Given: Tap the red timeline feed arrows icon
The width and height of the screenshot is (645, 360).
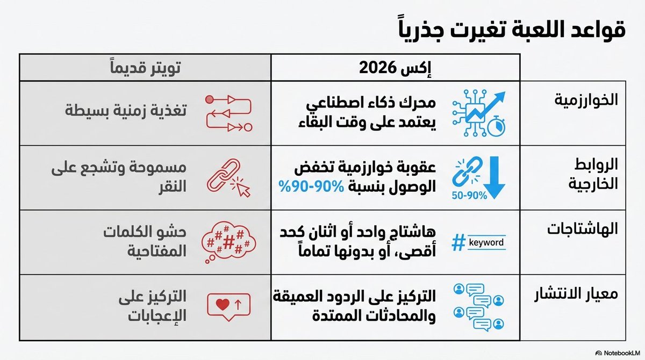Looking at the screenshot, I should coord(229,113).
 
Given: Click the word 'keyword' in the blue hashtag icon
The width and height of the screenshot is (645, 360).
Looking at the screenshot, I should coord(486,243).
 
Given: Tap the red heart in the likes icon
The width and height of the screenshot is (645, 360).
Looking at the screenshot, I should coord(222,303).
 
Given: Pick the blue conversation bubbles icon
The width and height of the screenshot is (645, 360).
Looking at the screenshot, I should coord(478,306).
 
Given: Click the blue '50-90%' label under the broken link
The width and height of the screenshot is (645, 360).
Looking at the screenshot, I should coord(469,196).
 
